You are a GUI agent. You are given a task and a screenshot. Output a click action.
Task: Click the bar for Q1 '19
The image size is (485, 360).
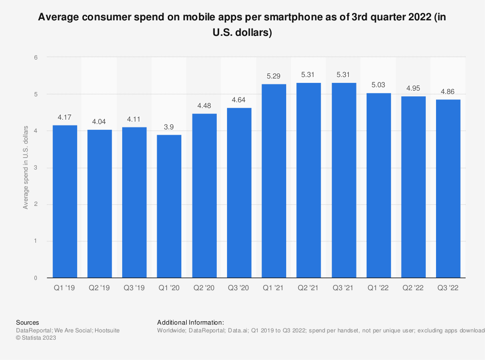point(65,202)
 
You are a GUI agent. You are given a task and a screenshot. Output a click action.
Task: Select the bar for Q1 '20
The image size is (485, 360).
point(169,206)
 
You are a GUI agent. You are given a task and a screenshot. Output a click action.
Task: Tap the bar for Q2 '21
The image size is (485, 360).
point(308,180)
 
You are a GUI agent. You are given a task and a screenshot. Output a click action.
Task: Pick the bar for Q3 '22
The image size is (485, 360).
point(448,188)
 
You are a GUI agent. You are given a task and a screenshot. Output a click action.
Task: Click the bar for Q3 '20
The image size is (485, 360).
point(239,193)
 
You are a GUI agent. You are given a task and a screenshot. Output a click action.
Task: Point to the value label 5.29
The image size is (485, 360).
point(274,76)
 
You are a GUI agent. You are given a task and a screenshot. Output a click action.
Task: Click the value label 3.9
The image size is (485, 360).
point(169,127)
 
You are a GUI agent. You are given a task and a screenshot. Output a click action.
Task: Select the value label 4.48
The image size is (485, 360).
point(204,106)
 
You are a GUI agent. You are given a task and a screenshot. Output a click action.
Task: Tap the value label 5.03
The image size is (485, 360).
point(378,85)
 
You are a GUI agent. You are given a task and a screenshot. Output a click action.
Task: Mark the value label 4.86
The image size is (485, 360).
point(448,92)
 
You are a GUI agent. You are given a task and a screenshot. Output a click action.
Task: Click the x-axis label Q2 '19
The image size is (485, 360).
point(99,287)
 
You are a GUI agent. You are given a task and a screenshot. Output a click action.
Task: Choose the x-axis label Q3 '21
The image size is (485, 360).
point(343,287)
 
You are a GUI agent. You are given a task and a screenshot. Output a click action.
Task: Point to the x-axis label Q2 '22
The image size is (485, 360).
point(413,287)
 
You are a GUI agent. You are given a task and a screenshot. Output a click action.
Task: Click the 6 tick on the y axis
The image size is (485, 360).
point(35,57)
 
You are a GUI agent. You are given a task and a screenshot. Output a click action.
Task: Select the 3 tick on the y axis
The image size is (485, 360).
point(35,168)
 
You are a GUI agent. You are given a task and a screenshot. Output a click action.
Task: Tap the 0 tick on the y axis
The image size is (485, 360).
point(35,278)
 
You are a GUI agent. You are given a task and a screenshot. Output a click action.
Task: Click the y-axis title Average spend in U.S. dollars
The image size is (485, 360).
point(25,168)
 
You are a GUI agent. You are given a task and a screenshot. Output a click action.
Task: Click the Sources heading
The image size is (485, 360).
point(28,322)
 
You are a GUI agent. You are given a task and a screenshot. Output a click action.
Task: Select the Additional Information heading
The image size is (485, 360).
point(191,322)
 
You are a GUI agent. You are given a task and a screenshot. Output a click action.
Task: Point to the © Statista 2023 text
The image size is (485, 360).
point(36,338)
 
